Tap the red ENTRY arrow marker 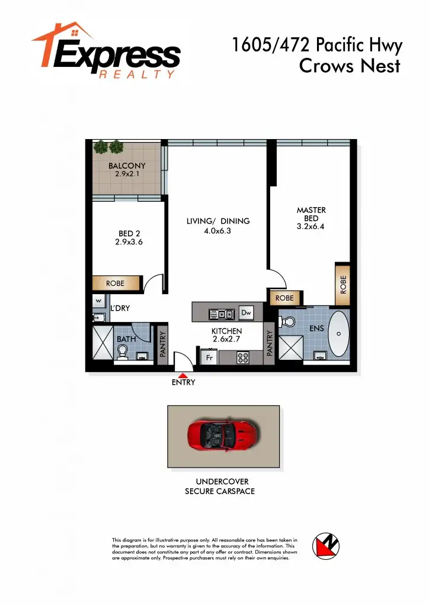click(x=183, y=375)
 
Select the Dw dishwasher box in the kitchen click(x=246, y=312)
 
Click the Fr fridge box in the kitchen click(x=209, y=357)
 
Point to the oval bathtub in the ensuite click(x=338, y=334)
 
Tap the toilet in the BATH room click(x=123, y=353)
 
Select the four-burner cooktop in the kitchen click(x=242, y=357)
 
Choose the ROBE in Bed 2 click(x=116, y=283)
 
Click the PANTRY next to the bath click(x=162, y=343)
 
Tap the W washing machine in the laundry click(x=98, y=301)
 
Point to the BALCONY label click(x=127, y=166)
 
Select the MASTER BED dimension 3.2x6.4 click(x=310, y=227)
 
